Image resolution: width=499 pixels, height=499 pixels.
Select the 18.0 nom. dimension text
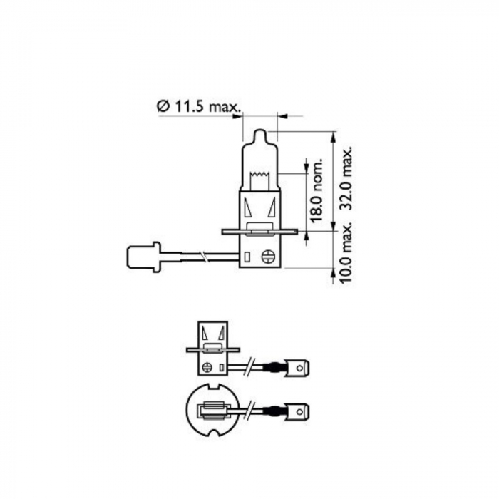(317, 194)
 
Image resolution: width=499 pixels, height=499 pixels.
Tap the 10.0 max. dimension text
(347, 253)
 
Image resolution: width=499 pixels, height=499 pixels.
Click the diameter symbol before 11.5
(162, 106)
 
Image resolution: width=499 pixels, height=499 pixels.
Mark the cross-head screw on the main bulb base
(269, 256)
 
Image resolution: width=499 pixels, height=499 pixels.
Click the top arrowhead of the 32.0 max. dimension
(334, 135)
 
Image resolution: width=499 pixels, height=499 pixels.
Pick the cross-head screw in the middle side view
(207, 368)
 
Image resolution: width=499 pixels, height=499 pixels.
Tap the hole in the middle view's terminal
(302, 368)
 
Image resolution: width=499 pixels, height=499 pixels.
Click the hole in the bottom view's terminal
(302, 411)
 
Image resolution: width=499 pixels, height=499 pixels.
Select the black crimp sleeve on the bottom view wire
(272, 411)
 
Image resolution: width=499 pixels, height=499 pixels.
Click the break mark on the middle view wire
(249, 368)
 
